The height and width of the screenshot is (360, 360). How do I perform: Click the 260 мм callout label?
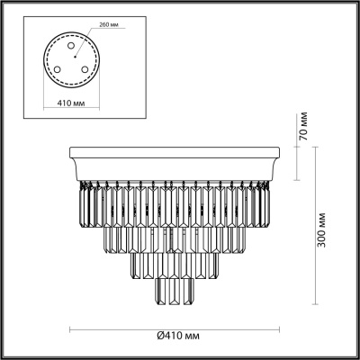pyautogui.click(x=108, y=25)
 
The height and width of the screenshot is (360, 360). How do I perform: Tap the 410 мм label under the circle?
pyautogui.click(x=71, y=103)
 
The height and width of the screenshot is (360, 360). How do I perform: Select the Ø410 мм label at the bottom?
pyautogui.click(x=178, y=336)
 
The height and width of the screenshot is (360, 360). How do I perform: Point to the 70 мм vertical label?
pyautogui.click(x=303, y=126)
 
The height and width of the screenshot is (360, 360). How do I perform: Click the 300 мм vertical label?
pyautogui.click(x=321, y=230)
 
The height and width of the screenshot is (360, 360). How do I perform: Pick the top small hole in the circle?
pyautogui.click(x=71, y=46)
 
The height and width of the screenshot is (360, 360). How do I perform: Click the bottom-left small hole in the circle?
pyautogui.click(x=57, y=69)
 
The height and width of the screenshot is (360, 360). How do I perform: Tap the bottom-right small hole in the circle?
pyautogui.click(x=85, y=69)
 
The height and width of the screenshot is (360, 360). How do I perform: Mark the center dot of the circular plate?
pyautogui.click(x=75, y=57)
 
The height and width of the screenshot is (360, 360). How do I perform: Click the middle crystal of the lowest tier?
pyautogui.click(x=174, y=292)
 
